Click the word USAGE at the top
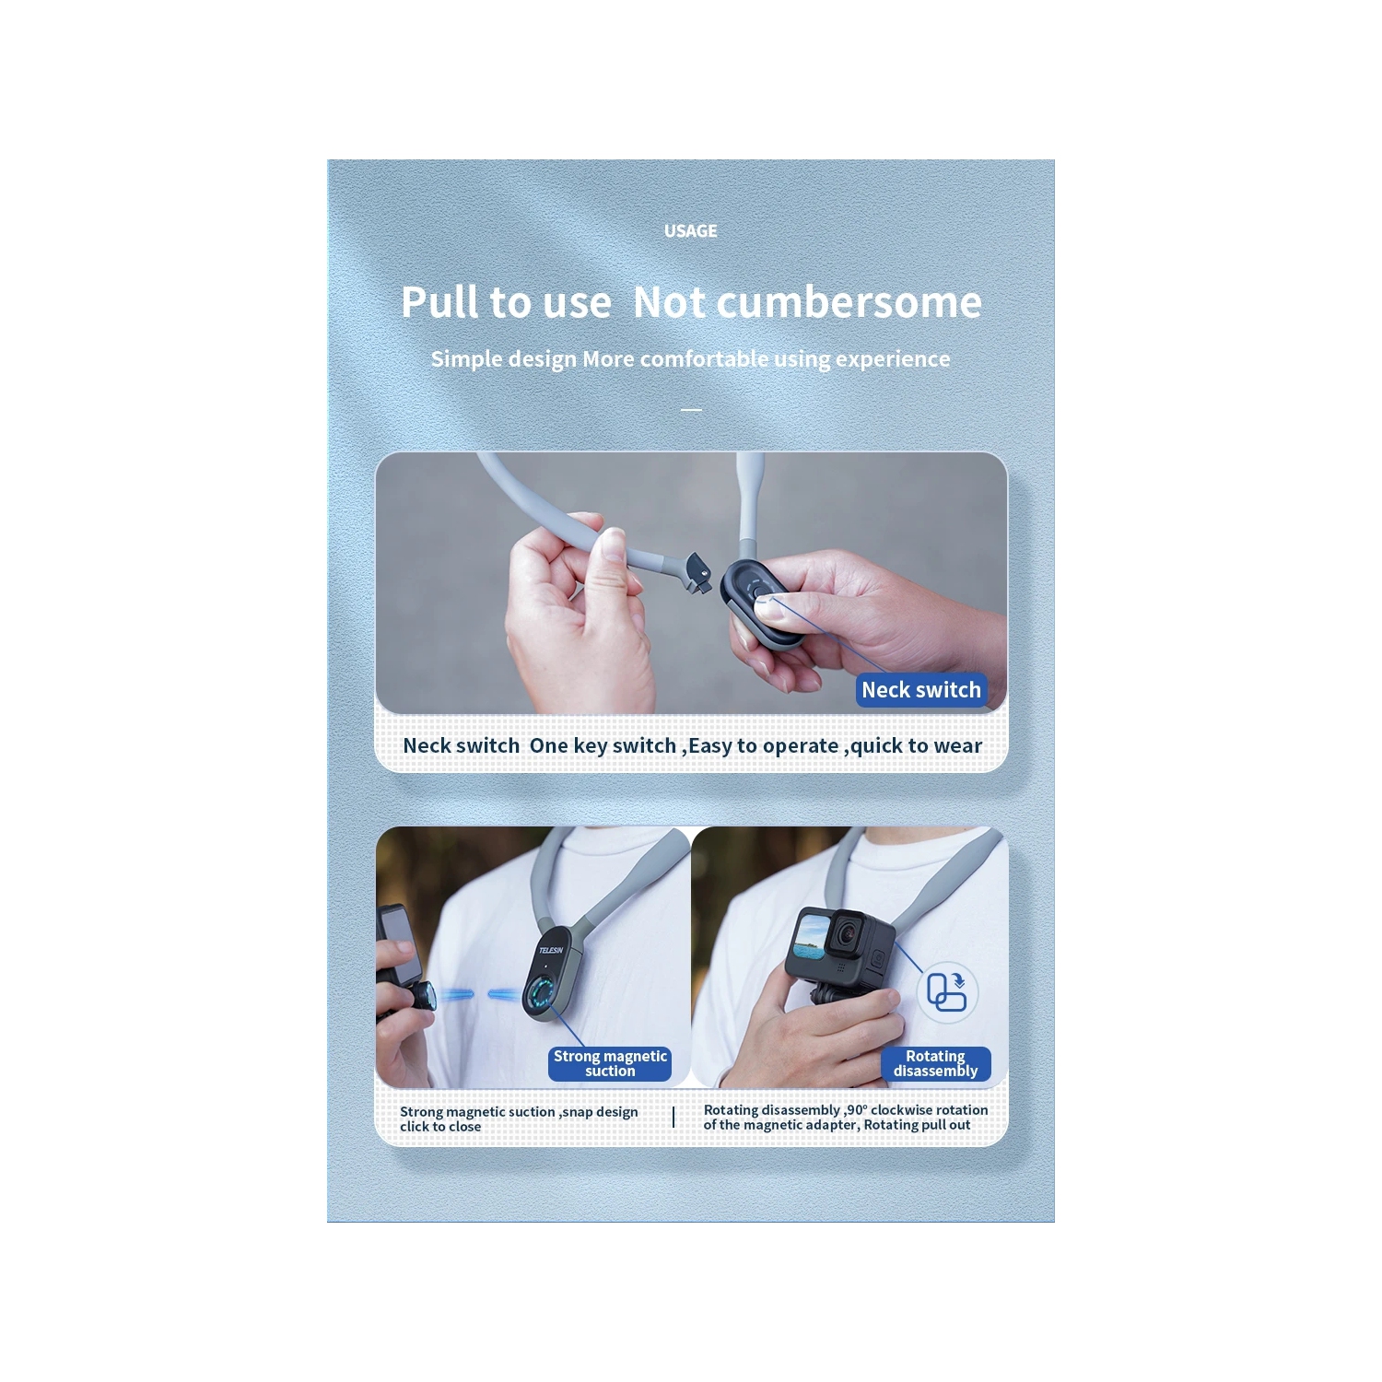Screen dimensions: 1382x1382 click(x=690, y=230)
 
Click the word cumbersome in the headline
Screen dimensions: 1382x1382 click(x=849, y=302)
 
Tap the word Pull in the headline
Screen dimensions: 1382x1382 click(x=439, y=302)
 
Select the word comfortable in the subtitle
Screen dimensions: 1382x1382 click(x=704, y=358)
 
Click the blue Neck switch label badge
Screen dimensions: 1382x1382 click(x=921, y=690)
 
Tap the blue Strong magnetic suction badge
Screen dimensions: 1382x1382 click(x=610, y=1063)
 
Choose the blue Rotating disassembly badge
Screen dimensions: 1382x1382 click(x=935, y=1063)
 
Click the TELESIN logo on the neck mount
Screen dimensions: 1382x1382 click(x=550, y=950)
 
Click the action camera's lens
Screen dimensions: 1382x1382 click(x=844, y=936)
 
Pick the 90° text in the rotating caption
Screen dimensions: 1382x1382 click(x=857, y=1110)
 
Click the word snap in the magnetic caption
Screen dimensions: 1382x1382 click(x=577, y=1112)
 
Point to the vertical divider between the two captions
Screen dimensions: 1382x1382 click(x=674, y=1117)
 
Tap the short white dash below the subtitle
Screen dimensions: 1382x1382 click(x=691, y=409)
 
